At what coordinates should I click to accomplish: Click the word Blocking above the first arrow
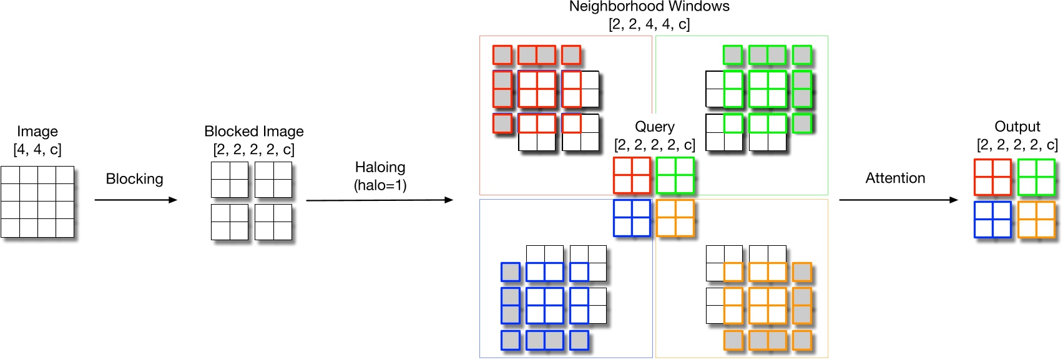(x=134, y=179)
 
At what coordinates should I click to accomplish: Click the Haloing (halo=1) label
(x=380, y=176)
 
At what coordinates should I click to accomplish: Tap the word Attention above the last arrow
(x=895, y=178)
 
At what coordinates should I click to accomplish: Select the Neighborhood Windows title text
(x=649, y=7)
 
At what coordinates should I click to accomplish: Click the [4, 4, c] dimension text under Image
(x=37, y=150)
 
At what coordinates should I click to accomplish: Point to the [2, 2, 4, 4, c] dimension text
(x=649, y=24)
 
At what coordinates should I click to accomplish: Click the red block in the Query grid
(x=632, y=175)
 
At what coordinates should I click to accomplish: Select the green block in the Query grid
(x=675, y=175)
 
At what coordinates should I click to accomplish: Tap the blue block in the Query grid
(x=632, y=218)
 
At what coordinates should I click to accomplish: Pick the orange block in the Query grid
(x=675, y=218)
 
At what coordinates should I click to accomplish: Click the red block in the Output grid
(x=992, y=177)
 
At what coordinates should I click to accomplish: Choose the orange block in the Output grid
(x=1036, y=220)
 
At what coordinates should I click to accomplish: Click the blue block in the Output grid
(x=992, y=220)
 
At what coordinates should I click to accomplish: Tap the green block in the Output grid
(x=1036, y=177)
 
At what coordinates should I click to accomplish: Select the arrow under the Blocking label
(x=135, y=200)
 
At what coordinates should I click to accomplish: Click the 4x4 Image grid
(x=37, y=202)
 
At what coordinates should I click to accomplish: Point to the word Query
(x=654, y=127)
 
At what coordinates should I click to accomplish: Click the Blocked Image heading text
(x=253, y=132)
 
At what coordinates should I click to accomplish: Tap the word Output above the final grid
(x=1017, y=127)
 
